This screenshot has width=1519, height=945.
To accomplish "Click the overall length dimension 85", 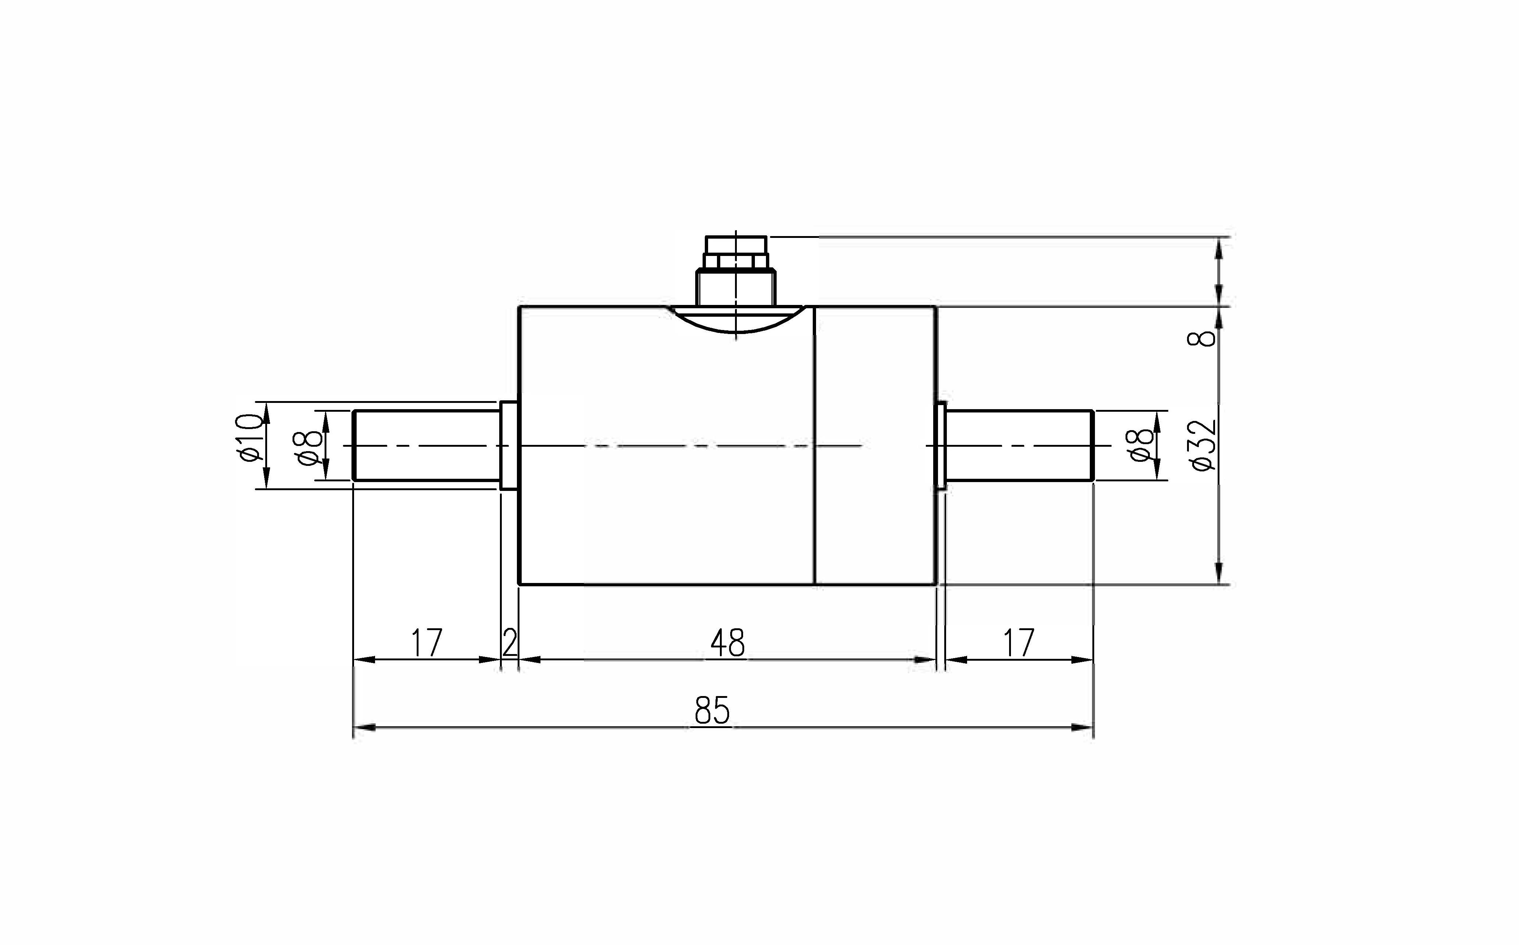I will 712,711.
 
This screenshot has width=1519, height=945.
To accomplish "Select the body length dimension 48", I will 728,643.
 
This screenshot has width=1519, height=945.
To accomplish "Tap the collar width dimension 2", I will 510,643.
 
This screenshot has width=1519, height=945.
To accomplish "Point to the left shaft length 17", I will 427,643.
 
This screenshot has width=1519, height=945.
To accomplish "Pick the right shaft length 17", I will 1019,643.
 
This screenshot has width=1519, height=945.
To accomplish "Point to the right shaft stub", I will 1019,445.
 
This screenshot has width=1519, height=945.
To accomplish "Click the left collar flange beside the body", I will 510,445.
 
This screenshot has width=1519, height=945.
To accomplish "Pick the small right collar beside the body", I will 940,445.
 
